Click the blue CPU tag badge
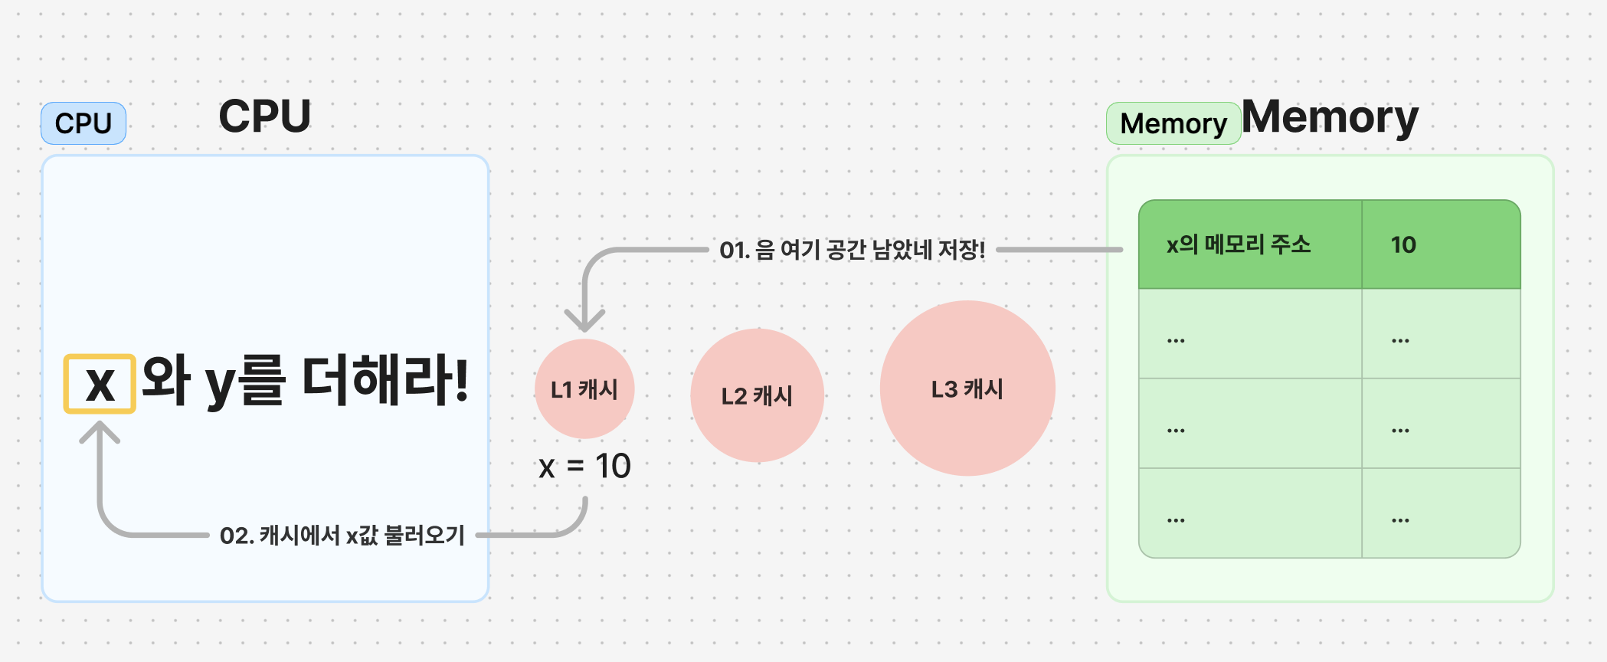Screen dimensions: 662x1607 83,123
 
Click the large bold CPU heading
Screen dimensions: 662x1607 265,116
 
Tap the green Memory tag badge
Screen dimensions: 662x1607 1173,123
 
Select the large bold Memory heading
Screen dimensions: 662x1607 1330,117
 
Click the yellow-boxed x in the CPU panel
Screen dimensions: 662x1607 100,384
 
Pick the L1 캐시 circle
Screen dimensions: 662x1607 584,389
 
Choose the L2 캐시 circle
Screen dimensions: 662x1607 757,395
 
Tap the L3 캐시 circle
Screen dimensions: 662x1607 967,388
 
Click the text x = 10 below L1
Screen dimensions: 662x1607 584,466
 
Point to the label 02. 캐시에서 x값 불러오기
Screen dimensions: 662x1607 342,535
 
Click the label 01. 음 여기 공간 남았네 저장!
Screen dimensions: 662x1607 852,250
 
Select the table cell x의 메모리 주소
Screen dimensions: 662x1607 1250,244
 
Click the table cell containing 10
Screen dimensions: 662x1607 1440,244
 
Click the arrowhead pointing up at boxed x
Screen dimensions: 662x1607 100,431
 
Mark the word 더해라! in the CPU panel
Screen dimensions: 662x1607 385,380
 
